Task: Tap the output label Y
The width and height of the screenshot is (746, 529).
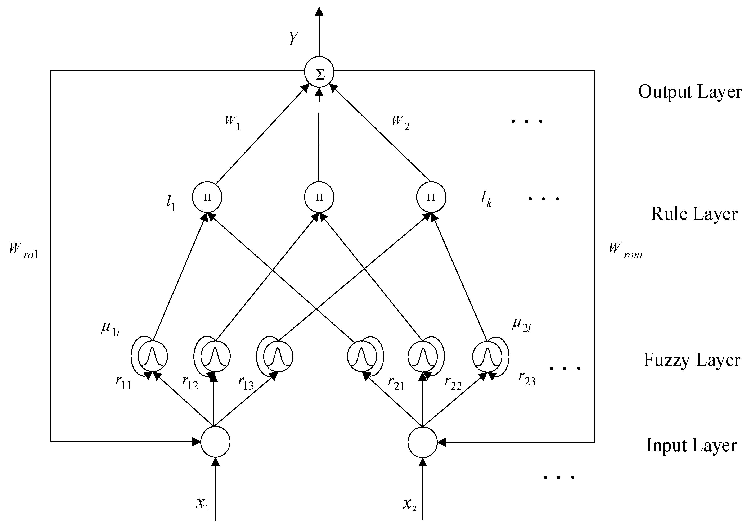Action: click(293, 39)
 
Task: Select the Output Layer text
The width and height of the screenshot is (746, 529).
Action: click(689, 92)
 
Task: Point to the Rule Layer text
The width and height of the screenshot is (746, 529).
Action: click(694, 214)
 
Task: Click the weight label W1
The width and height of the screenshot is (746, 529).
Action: click(233, 122)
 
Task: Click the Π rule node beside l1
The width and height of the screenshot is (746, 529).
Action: click(207, 197)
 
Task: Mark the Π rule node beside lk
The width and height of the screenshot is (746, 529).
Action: click(431, 197)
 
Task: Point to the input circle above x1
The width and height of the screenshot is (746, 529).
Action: click(215, 442)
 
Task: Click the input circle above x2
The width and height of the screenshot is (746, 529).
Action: click(423, 442)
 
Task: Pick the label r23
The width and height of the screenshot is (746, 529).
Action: click(527, 379)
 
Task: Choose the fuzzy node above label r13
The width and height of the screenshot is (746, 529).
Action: click(278, 356)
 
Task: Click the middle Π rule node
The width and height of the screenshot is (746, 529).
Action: click(319, 197)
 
